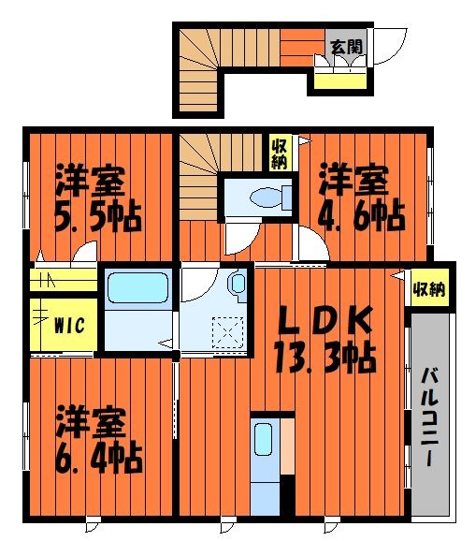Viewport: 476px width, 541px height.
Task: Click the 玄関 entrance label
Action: (347, 47)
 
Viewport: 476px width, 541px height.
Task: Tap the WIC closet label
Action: (69, 325)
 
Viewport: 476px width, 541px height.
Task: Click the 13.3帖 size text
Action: (325, 358)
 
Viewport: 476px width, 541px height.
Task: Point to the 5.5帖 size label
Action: (98, 217)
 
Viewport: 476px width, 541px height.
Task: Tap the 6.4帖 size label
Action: (99, 459)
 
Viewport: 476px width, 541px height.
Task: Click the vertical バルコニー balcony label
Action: (429, 417)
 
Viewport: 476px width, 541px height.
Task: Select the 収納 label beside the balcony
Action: (429, 289)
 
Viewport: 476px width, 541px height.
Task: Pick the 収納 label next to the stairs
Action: (280, 155)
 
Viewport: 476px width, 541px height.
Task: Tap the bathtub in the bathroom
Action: (137, 288)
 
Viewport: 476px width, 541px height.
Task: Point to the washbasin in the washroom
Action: (238, 284)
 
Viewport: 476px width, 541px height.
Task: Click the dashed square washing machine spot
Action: (227, 332)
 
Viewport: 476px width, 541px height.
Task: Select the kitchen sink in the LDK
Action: (264, 440)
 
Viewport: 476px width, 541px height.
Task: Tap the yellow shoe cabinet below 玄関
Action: (340, 81)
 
